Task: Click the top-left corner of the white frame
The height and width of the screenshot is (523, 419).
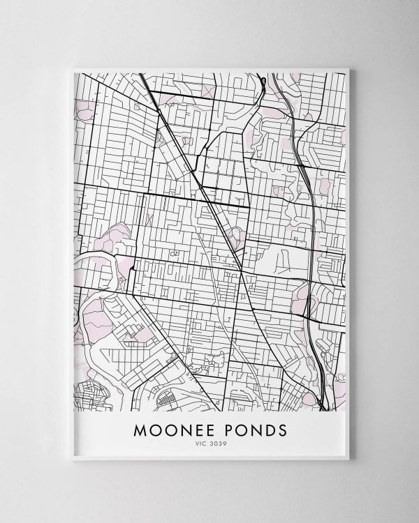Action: [71, 68]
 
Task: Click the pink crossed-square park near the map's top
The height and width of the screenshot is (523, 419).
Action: [208, 90]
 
